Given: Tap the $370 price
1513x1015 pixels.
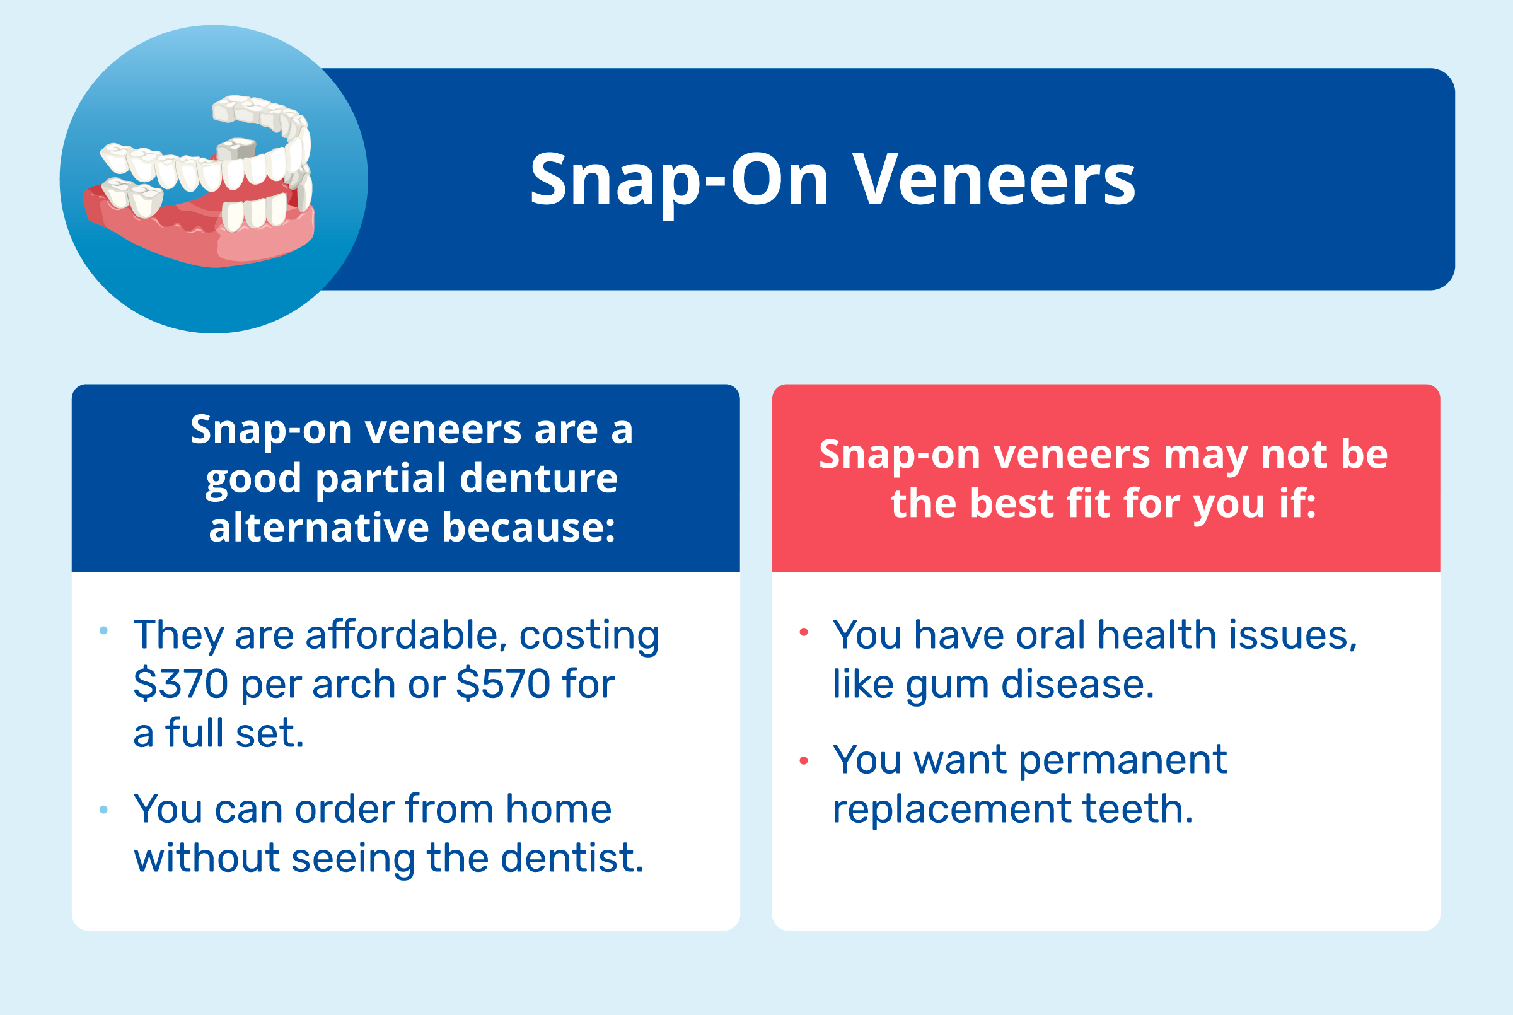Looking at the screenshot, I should point(180,684).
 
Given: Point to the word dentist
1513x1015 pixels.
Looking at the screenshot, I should point(572,859).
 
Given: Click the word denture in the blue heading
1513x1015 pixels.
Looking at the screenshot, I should point(539,478).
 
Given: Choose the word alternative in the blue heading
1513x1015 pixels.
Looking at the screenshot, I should point(319,528).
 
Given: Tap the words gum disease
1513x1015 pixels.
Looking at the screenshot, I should point(1029,685).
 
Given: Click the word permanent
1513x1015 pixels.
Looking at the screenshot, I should point(1123,760).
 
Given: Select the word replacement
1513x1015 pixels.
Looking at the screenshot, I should point(952,809).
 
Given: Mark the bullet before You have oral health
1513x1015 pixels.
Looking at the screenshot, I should point(804,632).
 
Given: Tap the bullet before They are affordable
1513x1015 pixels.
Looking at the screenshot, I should point(103,630).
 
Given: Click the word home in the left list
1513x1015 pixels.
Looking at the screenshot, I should point(559,809).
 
